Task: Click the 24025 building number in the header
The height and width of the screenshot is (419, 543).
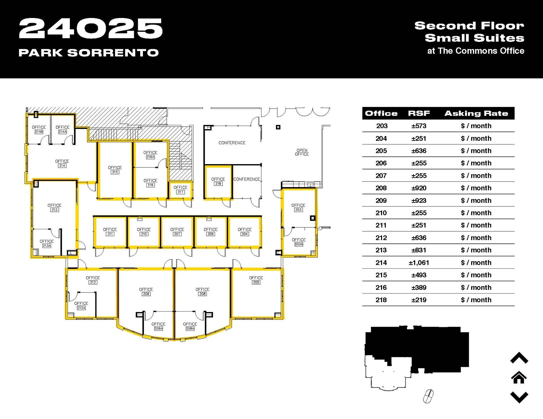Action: pos(90,29)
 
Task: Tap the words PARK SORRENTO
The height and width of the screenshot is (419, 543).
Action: pos(89,53)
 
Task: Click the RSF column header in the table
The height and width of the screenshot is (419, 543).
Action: pos(419,114)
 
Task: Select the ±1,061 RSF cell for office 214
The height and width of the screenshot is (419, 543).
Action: pos(419,263)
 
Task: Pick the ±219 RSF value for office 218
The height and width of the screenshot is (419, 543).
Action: pos(419,300)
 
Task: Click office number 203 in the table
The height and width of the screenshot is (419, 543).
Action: pos(382,126)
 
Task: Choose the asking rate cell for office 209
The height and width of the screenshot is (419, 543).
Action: pos(476,201)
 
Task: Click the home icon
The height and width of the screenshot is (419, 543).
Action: pos(519,377)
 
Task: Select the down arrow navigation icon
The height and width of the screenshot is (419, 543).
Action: pos(519,397)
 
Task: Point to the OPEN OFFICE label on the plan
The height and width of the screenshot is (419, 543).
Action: pos(302,152)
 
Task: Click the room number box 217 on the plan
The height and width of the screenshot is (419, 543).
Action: pos(181,192)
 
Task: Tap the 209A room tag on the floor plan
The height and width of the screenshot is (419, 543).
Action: pos(159,328)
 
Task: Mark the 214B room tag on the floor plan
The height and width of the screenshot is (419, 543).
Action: pos(39,132)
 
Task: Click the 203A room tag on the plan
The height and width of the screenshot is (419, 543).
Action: pos(299,244)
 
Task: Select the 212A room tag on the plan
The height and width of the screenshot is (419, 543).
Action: pos(81,308)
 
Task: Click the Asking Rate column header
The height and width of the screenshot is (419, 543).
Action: pos(476,114)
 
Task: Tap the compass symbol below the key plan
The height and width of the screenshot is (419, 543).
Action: pos(428,396)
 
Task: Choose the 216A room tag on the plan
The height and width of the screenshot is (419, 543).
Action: pos(150,157)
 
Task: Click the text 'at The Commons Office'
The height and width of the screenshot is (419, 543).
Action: pos(476,51)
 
